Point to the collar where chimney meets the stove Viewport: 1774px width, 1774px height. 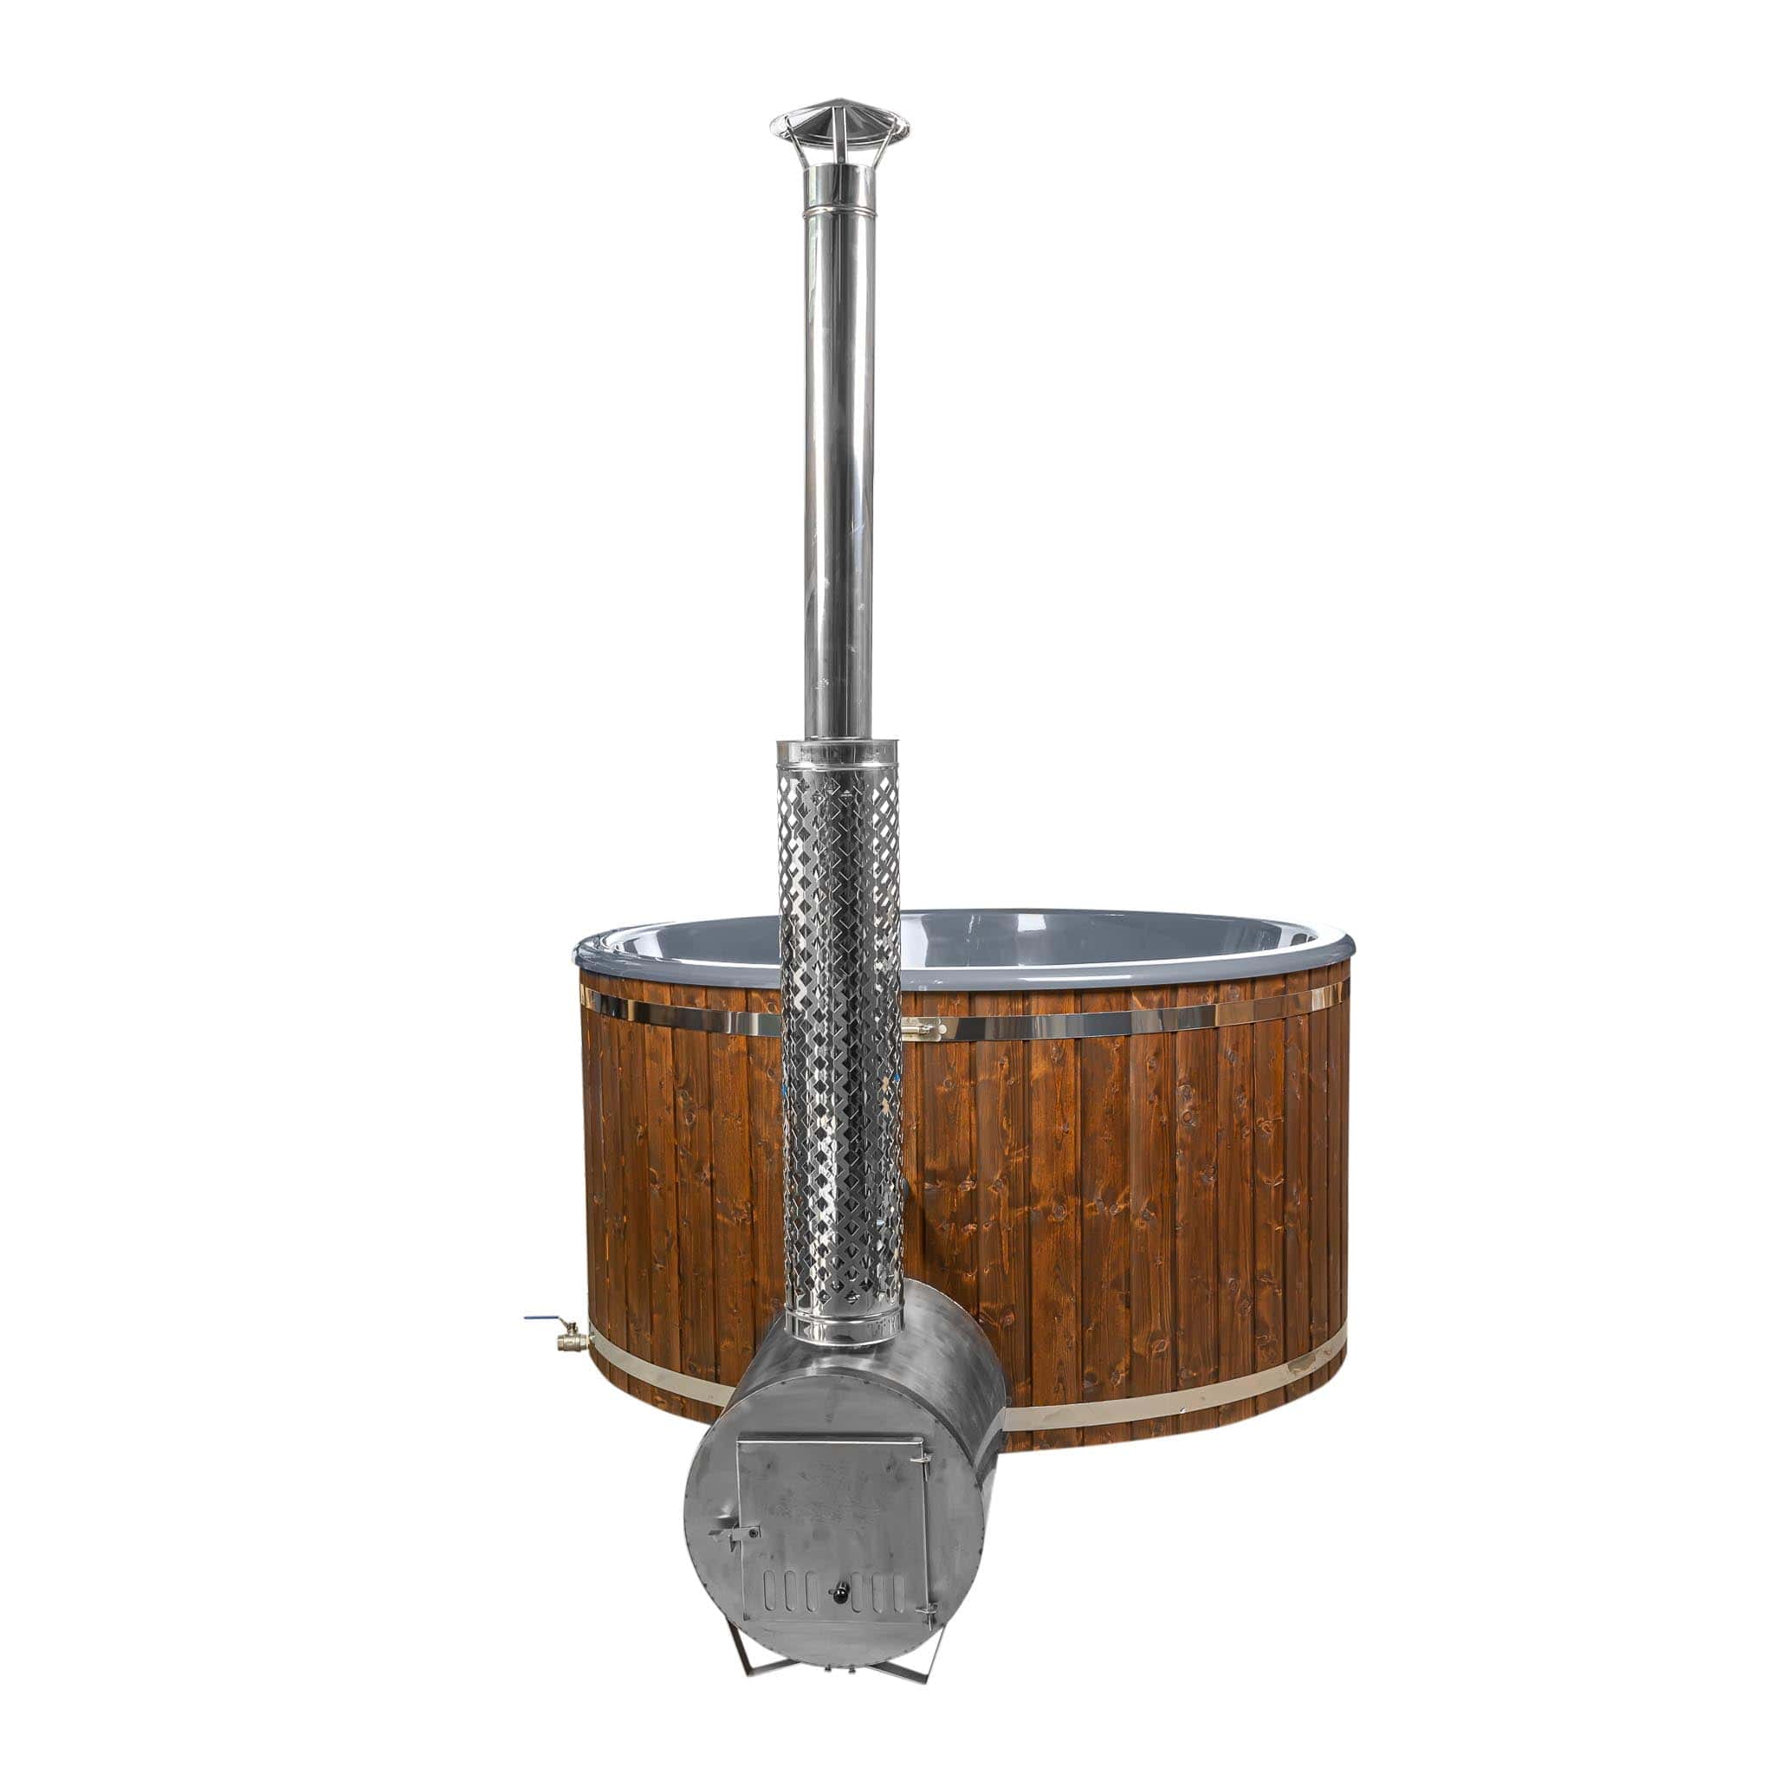tap(838, 1322)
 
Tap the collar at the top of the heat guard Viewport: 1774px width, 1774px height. tap(838, 750)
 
